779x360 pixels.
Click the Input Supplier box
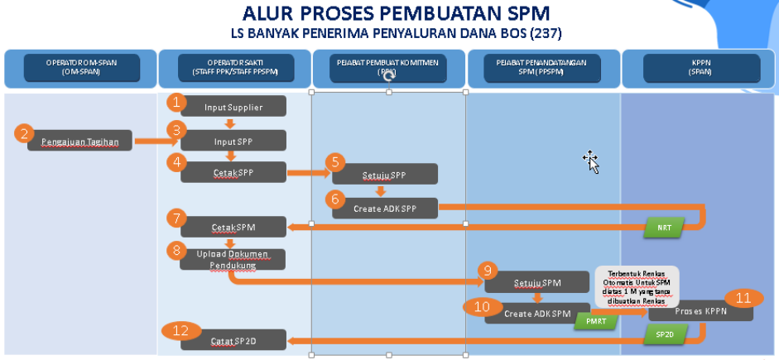coord(233,107)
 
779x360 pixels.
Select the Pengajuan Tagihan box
coord(79,142)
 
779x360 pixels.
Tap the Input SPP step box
coord(233,141)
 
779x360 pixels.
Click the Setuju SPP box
coord(385,175)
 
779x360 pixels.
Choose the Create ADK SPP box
coord(385,208)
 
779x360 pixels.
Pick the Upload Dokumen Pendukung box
coord(233,259)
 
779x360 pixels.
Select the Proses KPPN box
coord(700,310)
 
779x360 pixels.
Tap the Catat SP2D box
coord(233,339)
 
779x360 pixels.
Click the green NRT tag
coord(663,227)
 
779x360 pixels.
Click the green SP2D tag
coord(664,334)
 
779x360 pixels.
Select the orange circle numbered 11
coord(743,298)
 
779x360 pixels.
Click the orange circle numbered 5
coord(334,162)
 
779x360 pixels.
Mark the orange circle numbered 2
coord(25,134)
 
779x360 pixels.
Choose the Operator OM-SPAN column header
coord(79,68)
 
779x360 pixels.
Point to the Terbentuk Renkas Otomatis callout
coord(638,286)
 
